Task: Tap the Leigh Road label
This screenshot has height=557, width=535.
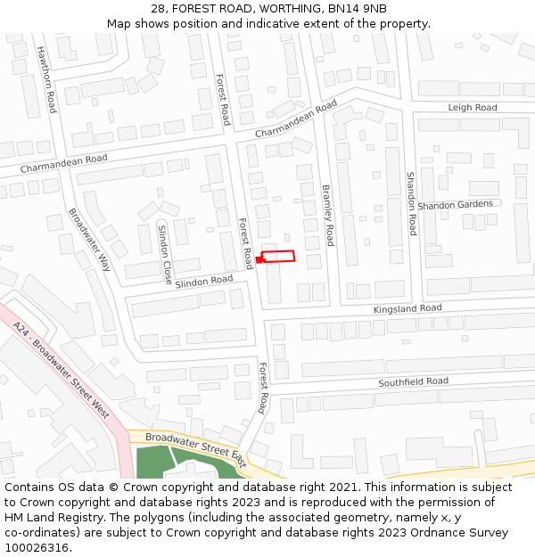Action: point(473,108)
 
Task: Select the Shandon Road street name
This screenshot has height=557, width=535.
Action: point(411,203)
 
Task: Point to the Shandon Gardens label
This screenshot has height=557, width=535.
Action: point(455,205)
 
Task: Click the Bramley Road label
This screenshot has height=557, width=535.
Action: point(327,215)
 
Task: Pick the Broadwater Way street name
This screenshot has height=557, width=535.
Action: point(89,239)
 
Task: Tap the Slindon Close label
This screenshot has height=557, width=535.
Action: point(165,254)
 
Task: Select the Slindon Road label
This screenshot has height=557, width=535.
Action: point(203,281)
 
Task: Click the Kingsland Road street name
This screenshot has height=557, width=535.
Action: point(407,308)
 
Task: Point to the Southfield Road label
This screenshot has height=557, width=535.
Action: point(413,381)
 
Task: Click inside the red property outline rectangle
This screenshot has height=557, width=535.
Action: point(278,257)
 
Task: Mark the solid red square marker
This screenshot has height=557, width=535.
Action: point(259,259)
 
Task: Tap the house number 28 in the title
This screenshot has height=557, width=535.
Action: point(158,9)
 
